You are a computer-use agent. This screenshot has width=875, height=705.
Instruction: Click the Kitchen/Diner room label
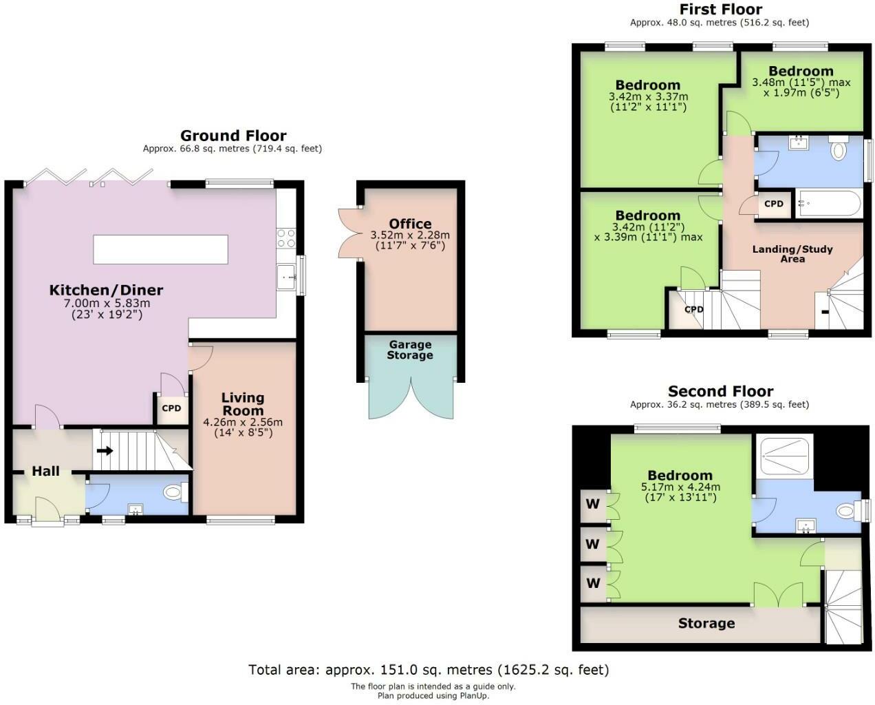click(x=106, y=290)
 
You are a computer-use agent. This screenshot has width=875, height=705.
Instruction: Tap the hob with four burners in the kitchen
click(x=286, y=238)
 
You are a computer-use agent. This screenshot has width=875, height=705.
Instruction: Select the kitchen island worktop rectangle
click(x=160, y=249)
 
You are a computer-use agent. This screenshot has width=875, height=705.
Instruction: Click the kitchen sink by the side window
click(x=286, y=277)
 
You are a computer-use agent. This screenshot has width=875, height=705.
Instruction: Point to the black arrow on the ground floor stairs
click(x=105, y=451)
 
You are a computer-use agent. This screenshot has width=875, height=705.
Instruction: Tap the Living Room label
click(x=243, y=403)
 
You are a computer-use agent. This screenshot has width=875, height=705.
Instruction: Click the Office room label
click(x=410, y=224)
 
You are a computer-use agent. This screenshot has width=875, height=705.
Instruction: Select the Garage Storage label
click(x=410, y=350)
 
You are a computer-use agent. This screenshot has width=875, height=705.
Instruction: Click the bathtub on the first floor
click(x=828, y=204)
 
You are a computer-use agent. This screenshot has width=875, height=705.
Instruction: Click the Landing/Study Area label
click(x=792, y=254)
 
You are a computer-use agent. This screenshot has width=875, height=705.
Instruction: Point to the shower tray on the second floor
click(x=784, y=456)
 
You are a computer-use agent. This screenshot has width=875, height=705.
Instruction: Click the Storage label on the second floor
click(x=706, y=623)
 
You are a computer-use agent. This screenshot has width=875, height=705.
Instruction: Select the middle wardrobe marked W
click(x=593, y=544)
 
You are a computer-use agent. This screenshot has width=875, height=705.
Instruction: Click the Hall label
click(x=45, y=471)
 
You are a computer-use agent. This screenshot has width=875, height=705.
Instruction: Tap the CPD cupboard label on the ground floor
click(x=171, y=408)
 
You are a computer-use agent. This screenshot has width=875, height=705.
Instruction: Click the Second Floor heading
click(x=720, y=391)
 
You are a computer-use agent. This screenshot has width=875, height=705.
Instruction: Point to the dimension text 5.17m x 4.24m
click(x=680, y=487)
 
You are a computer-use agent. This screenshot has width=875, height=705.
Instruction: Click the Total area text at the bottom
click(x=429, y=670)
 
